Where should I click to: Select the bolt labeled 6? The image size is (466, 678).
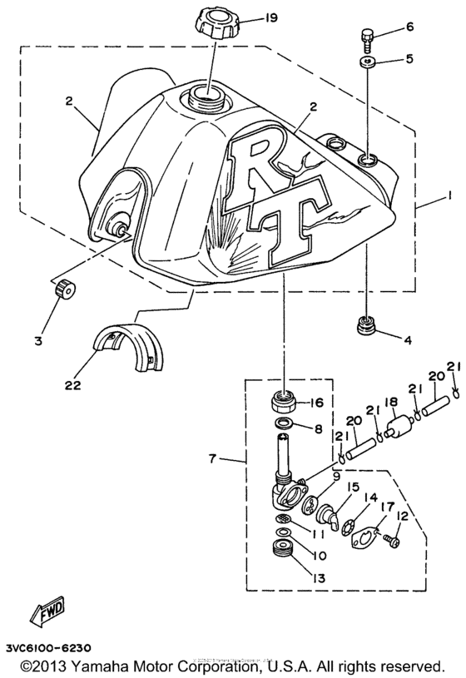pos(368,35)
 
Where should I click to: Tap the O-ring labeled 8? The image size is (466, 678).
pos(283,428)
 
